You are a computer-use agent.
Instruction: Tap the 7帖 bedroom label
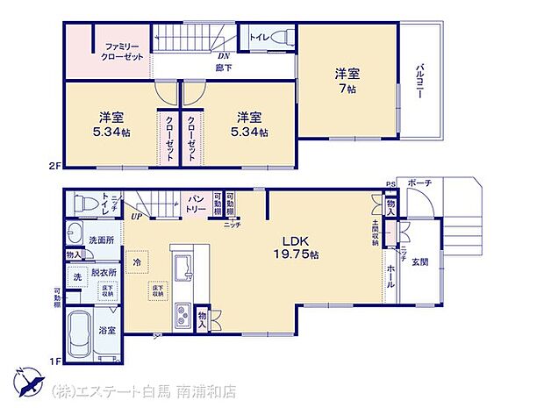344,80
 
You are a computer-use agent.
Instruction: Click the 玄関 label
420,260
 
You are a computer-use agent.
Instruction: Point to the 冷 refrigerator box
136,262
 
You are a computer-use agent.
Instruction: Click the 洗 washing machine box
76,277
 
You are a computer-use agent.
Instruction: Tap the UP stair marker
136,216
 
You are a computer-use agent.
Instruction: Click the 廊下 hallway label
224,67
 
